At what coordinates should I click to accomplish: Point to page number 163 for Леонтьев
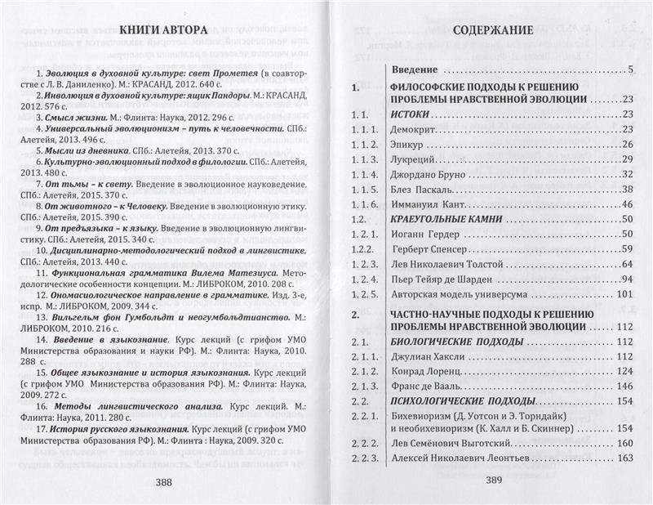tap(625, 458)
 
